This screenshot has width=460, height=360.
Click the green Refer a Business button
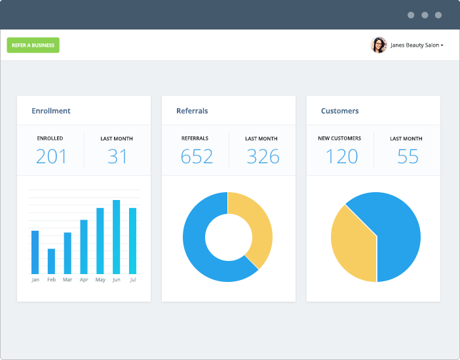click(x=33, y=45)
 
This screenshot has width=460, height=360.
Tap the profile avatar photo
click(x=379, y=45)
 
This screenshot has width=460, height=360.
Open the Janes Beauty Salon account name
click(x=416, y=45)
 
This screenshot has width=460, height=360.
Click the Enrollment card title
click(x=51, y=111)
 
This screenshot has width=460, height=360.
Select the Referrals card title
click(x=192, y=111)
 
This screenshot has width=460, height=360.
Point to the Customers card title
click(x=339, y=111)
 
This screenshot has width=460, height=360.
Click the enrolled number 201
click(x=51, y=157)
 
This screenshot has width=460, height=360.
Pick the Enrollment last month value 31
click(x=117, y=157)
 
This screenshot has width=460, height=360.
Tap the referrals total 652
click(x=196, y=157)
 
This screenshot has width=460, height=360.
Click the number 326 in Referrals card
click(x=262, y=157)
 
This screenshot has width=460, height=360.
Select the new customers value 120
click(x=341, y=157)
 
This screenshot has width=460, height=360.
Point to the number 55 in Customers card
click(x=407, y=157)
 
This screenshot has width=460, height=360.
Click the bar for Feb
click(x=51, y=261)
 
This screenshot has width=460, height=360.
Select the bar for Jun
click(x=117, y=237)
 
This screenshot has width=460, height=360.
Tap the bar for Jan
click(x=35, y=252)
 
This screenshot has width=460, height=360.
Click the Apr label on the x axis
click(x=84, y=280)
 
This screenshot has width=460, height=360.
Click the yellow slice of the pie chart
click(x=351, y=246)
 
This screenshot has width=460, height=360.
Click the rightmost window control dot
click(x=438, y=15)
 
